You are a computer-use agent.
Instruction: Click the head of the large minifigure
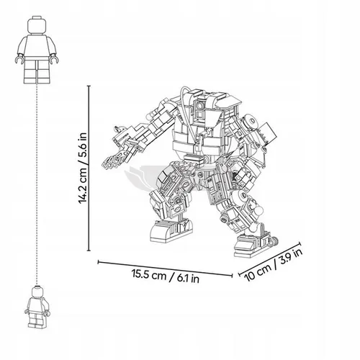point(37,25)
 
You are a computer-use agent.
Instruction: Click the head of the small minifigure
point(37,292)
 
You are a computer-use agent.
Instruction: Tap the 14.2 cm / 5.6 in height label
point(83,168)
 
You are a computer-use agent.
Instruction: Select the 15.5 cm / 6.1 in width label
point(166,276)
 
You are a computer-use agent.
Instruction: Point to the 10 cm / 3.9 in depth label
point(273,265)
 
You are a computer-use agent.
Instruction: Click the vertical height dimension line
point(89,168)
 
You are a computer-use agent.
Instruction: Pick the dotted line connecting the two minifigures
point(37,184)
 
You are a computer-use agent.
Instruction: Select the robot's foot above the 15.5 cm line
point(171,230)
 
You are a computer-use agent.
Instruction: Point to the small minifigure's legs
point(37,320)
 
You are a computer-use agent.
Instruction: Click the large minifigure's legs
point(37,70)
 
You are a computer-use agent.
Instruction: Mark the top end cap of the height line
point(89,86)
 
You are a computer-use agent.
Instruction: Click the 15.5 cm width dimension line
point(165,269)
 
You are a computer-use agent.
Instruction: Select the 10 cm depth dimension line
point(269,259)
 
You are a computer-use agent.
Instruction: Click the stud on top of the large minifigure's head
point(37,17)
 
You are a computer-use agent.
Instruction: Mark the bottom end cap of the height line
point(89,251)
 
